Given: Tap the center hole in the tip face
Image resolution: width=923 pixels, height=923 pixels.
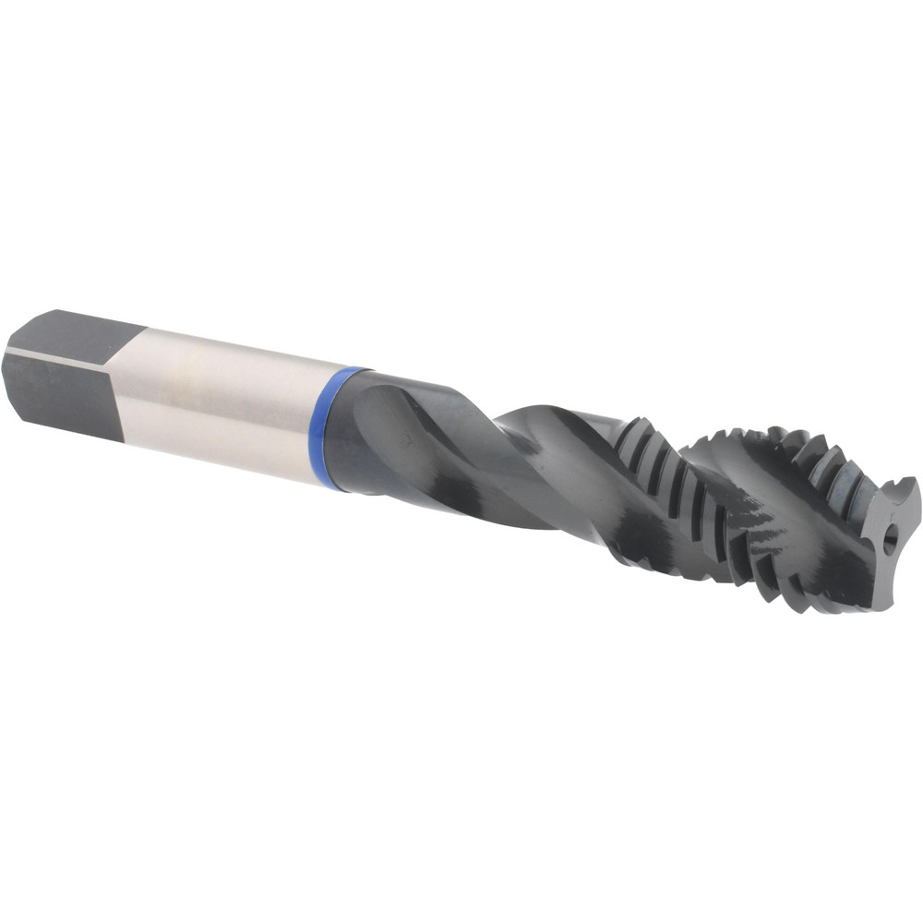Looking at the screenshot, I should (891, 539).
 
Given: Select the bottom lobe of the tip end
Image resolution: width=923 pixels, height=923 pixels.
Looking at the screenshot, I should (877, 591).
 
